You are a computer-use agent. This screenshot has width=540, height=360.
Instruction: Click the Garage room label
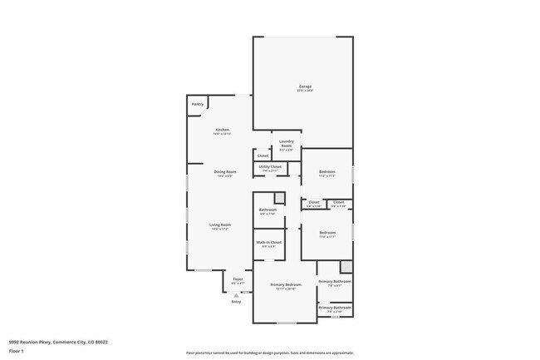point(305,87)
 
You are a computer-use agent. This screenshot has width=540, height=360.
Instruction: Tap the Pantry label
point(198,104)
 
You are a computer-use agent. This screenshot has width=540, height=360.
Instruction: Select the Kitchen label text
point(222,130)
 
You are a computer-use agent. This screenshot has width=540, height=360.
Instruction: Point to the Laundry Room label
point(287,142)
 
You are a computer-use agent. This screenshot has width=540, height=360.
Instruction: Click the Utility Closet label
point(270,166)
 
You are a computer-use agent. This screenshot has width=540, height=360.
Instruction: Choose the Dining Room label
point(225,172)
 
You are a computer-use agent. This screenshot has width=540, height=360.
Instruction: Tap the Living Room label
point(220,225)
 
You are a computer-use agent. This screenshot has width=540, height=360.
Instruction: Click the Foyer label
point(238,279)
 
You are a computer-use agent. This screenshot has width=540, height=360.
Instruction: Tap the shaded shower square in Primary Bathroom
point(346,267)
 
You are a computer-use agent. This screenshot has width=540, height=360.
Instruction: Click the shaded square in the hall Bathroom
point(280,197)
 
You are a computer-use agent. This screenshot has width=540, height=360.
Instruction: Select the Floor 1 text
point(16,351)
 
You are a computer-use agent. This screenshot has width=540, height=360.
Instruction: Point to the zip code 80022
point(101,341)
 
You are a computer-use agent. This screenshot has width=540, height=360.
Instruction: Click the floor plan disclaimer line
point(270,353)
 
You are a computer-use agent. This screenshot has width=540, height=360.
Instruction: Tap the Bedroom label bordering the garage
point(327,172)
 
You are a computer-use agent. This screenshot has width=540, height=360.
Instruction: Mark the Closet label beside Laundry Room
point(263,155)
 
